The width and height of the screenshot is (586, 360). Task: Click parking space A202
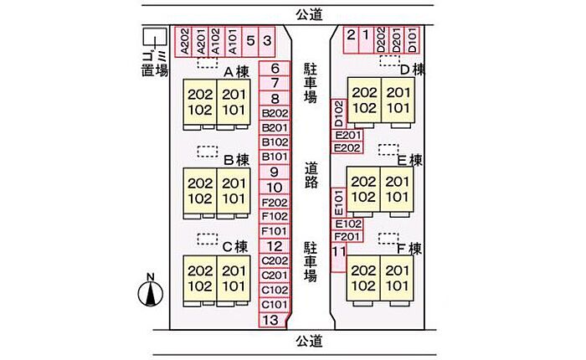point(183,42)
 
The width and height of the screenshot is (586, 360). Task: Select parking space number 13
point(273,321)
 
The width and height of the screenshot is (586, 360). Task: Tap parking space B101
point(275,157)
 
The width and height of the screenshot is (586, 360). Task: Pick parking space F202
point(275,203)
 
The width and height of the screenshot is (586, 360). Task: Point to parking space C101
point(275,305)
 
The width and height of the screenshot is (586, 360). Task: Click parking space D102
point(339,114)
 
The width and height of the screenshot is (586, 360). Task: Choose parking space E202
point(347,148)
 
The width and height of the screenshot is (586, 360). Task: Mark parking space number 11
point(338,257)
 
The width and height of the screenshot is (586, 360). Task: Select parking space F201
point(347,236)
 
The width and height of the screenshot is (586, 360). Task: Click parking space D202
point(381,39)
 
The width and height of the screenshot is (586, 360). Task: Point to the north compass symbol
point(150,291)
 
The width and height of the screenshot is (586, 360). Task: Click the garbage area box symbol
point(155,36)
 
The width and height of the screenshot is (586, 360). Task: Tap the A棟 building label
point(236,72)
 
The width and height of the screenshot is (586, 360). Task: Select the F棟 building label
point(409,249)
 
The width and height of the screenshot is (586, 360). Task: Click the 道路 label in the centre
point(311,175)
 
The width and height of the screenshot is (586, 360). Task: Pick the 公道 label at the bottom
point(309,341)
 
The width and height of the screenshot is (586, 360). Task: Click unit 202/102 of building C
point(200,279)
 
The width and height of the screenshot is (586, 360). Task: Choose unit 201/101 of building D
point(398,100)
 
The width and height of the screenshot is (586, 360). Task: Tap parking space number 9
point(275,172)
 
